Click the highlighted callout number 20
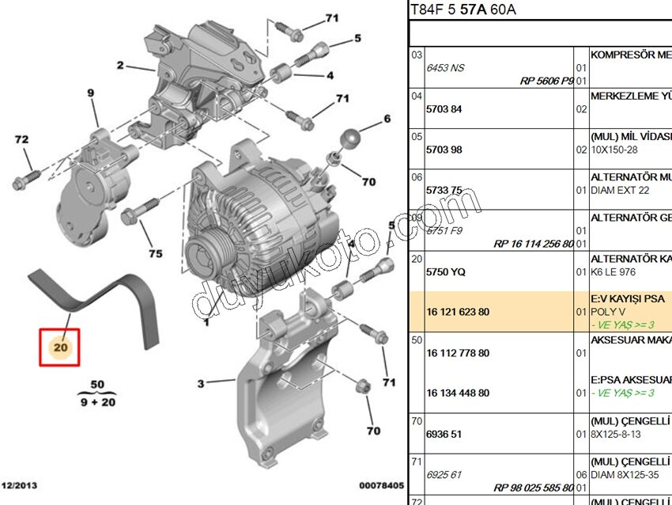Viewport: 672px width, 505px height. (60, 347)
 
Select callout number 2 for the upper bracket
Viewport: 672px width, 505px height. (120, 66)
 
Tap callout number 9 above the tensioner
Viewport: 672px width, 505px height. (90, 93)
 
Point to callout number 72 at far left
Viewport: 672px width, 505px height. (21, 140)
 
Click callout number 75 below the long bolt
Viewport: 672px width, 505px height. (156, 253)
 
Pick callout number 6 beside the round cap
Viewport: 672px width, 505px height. (387, 120)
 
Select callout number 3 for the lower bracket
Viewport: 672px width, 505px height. (201, 384)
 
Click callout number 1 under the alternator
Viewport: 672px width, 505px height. (206, 322)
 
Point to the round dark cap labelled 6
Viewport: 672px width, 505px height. (350, 139)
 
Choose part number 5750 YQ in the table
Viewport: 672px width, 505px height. (446, 271)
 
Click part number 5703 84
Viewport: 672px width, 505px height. (444, 108)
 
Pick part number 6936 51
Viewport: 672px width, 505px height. (444, 434)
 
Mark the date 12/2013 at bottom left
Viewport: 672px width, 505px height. (20, 485)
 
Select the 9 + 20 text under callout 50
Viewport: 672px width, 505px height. (96, 402)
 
